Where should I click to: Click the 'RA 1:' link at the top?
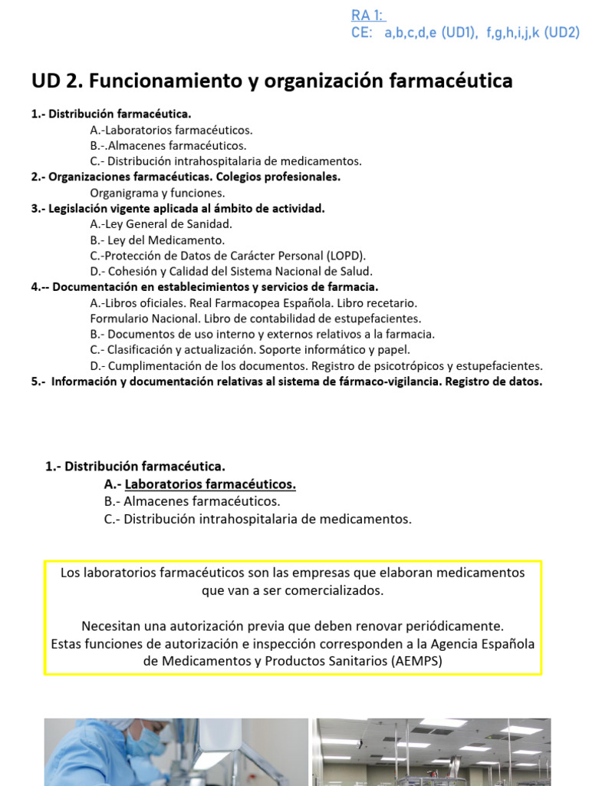click(368, 15)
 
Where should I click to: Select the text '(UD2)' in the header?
click(562, 32)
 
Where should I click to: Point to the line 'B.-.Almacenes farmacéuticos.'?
click(168, 145)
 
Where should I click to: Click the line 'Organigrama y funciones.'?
click(157, 193)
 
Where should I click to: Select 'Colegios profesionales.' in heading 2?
click(278, 177)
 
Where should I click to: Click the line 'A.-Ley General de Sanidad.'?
click(160, 224)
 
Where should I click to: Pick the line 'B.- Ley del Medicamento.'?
click(157, 239)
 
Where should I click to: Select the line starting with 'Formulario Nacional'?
click(255, 318)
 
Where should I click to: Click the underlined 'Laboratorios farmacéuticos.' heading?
click(210, 484)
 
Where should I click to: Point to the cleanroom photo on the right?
click(431, 752)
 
